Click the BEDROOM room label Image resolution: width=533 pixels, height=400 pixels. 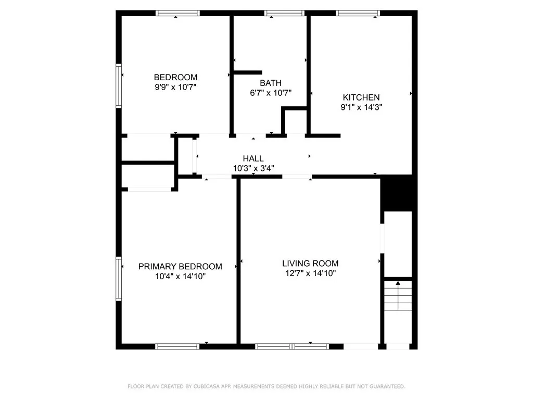[x=175, y=78]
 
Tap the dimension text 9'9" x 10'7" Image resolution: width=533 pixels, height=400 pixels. [x=175, y=87]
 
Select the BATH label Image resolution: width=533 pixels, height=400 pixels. [x=271, y=83]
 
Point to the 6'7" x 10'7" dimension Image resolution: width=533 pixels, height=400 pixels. [x=271, y=93]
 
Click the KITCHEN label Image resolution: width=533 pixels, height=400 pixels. [x=361, y=97]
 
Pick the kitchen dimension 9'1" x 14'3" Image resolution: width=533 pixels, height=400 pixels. [x=361, y=107]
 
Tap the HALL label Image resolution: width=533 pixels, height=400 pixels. [x=253, y=158]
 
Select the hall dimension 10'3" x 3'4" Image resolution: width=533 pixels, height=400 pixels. [x=253, y=168]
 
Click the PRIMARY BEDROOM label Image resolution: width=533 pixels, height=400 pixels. [x=180, y=267]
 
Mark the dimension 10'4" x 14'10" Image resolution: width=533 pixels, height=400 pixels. [x=180, y=277]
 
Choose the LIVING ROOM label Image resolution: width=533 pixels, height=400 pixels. [x=310, y=264]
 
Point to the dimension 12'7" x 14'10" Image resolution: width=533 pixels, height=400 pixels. [x=310, y=273]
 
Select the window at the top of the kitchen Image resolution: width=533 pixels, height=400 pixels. [x=358, y=13]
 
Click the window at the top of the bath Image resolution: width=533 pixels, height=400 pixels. [x=284, y=13]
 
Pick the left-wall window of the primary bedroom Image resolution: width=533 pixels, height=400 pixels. [x=119, y=279]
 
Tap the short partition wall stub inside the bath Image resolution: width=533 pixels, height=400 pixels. [x=247, y=73]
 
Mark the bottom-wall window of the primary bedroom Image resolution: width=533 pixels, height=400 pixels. [x=177, y=346]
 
